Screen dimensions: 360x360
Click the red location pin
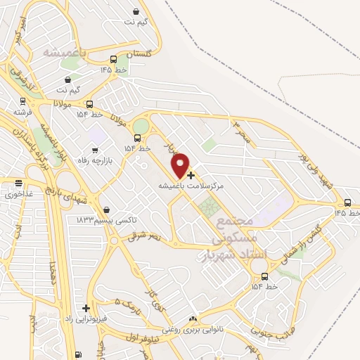(181, 165)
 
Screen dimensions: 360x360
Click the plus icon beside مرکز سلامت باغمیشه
(191, 174)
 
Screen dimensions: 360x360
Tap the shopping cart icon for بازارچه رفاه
(96, 150)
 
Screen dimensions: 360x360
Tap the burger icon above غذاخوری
(19, 183)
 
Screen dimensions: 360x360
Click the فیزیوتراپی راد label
(86, 318)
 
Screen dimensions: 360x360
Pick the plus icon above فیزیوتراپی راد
(86, 308)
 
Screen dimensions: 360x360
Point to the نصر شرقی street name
(144, 238)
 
